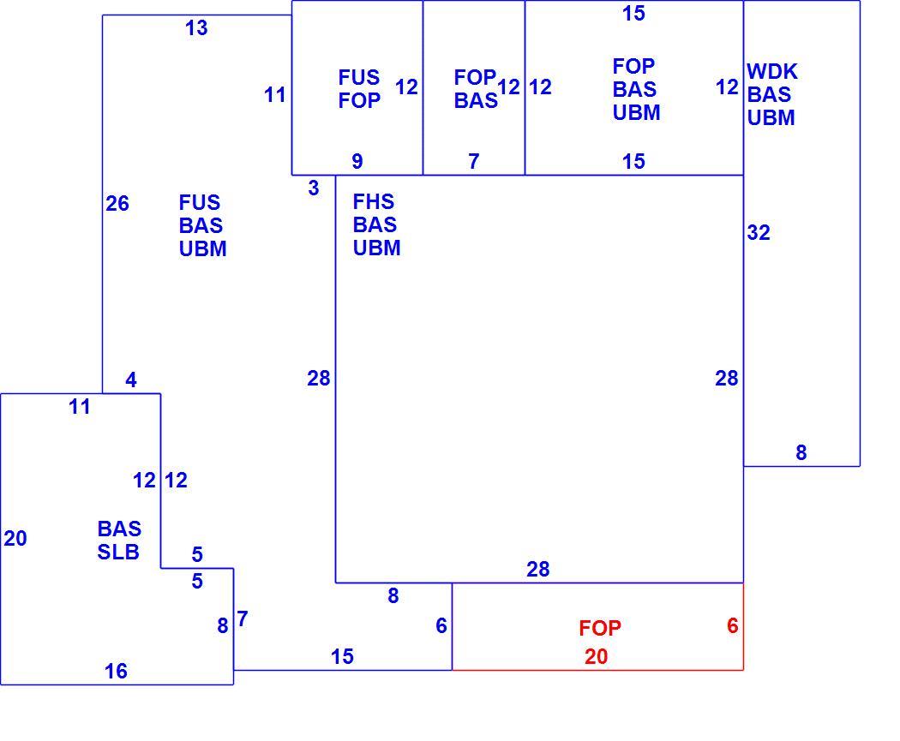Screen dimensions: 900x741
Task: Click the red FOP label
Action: [600, 628]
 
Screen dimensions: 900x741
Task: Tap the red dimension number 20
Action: [597, 656]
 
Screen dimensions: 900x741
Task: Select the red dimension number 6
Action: [732, 625]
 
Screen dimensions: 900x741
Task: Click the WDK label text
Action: [772, 72]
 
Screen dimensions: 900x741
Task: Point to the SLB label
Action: [118, 552]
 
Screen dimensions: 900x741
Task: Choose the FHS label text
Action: [374, 202]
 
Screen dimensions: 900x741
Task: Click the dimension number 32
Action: [759, 232]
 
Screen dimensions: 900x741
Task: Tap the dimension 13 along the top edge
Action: [196, 27]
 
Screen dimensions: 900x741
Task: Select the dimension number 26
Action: [117, 203]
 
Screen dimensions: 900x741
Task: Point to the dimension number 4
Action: [131, 379]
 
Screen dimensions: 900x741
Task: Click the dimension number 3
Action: [314, 188]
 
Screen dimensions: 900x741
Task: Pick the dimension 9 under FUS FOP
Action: [357, 161]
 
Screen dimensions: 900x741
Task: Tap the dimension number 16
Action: [116, 671]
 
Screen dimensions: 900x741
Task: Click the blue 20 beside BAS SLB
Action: [15, 538]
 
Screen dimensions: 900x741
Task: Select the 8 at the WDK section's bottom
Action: [801, 452]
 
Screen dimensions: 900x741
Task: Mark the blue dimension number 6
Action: [441, 625]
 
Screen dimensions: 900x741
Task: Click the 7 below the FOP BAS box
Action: [473, 161]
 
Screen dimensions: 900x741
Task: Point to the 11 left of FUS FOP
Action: [275, 94]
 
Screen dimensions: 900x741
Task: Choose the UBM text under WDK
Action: [771, 117]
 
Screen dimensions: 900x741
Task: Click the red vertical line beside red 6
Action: [743, 626]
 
